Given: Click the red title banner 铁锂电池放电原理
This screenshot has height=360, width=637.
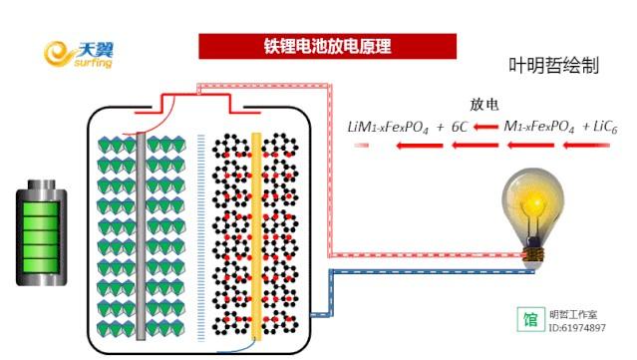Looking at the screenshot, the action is click(x=327, y=46).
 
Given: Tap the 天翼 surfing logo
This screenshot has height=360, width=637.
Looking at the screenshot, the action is click(x=79, y=55).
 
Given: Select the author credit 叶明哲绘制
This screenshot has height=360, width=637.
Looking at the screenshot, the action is click(x=553, y=66).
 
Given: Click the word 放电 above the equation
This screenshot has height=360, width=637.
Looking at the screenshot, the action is click(x=483, y=105).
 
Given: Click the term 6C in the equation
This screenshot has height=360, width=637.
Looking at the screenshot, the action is click(x=460, y=128).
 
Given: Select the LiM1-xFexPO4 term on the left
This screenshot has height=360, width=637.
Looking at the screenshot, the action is click(x=388, y=128).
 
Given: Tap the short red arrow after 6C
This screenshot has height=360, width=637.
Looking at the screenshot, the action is click(x=485, y=128).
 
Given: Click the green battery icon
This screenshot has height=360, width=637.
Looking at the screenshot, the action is click(x=42, y=232).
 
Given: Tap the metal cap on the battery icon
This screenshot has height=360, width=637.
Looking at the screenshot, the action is click(x=42, y=184).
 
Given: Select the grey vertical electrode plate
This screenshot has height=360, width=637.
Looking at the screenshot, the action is click(x=141, y=236).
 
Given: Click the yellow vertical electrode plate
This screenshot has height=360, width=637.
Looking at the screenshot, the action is click(x=256, y=236).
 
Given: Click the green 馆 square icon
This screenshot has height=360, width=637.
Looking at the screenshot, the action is click(x=531, y=319).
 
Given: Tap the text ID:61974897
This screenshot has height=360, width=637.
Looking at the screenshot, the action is click(x=577, y=327).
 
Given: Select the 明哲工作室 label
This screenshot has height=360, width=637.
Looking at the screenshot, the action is click(x=573, y=314).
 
